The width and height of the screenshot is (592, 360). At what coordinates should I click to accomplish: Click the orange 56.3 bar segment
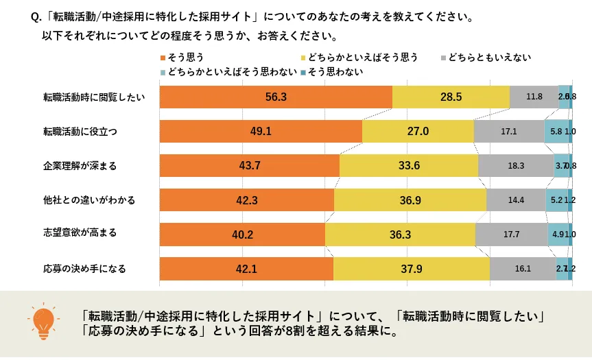click(276, 97)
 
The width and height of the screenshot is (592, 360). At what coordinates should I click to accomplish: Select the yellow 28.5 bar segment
click(451, 97)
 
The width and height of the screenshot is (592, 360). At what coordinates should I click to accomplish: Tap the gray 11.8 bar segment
click(534, 97)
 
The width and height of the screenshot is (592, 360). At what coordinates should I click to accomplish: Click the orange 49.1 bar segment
click(261, 131)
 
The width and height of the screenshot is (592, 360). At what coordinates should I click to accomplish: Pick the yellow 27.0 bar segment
click(418, 131)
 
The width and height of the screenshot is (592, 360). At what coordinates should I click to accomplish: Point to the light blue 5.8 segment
click(556, 131)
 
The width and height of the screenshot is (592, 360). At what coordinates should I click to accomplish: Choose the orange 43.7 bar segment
click(249, 165)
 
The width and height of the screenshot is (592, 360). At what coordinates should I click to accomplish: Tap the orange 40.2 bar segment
click(242, 234)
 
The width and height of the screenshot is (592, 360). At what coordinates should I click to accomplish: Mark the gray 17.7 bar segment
click(511, 234)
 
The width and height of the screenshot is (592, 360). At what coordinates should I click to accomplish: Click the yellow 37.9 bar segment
click(412, 268)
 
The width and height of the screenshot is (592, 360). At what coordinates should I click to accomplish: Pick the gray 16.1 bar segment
click(523, 268)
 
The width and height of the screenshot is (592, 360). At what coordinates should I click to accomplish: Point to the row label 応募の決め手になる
click(84, 268)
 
